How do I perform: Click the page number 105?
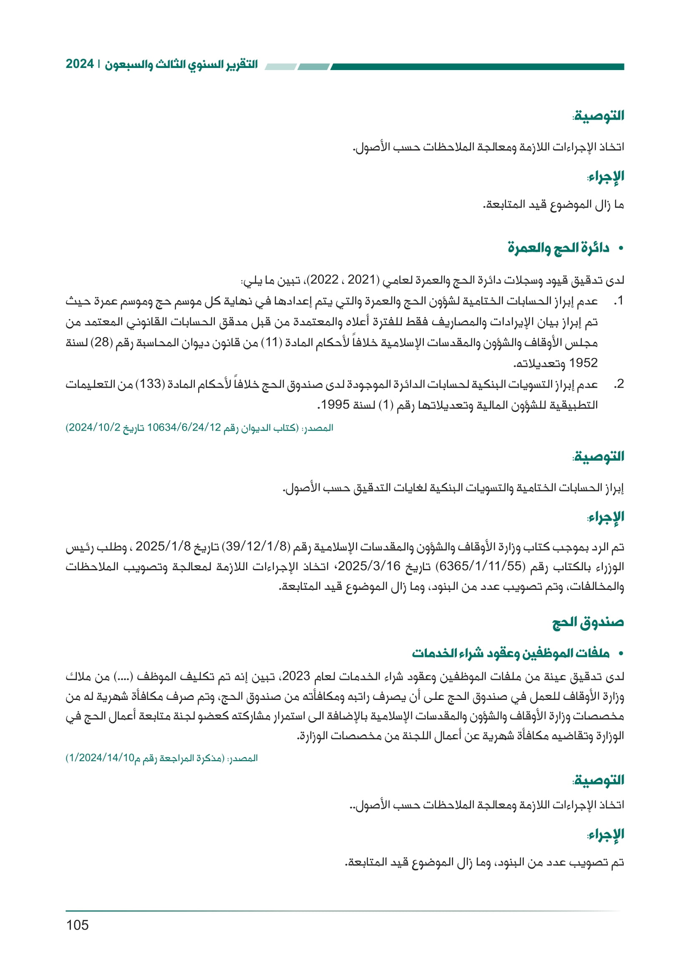(x=77, y=925)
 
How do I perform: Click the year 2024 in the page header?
(x=79, y=64)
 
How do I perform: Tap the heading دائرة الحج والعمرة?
(x=558, y=248)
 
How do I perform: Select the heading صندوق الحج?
(x=588, y=622)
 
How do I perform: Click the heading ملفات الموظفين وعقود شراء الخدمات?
(x=510, y=653)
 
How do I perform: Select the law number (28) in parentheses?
(x=102, y=342)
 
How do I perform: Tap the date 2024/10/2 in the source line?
(x=94, y=428)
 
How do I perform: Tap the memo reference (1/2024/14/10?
(x=100, y=758)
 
